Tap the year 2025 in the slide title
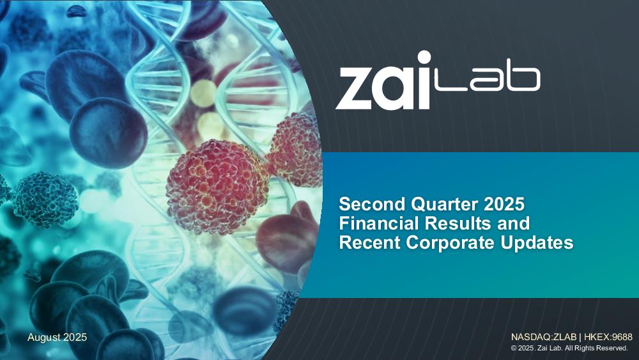tap(505, 204)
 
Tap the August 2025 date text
tap(57, 338)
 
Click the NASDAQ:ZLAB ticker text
tap(544, 337)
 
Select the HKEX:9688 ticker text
tap(608, 337)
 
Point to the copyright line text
tap(569, 348)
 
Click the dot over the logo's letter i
tap(424, 58)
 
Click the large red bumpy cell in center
tap(218, 187)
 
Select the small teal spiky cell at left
tap(45, 200)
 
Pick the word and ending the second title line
tap(513, 223)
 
